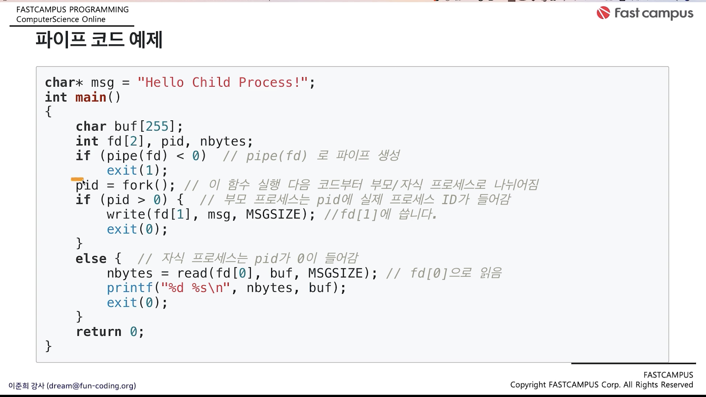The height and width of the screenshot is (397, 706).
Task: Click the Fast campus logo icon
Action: (603, 13)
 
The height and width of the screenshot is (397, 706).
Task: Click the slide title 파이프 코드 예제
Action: (99, 39)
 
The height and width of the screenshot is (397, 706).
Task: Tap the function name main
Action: (91, 97)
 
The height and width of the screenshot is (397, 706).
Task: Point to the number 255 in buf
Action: (157, 127)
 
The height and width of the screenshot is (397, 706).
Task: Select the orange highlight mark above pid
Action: (77, 179)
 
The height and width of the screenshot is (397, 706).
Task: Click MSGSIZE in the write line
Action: (273, 214)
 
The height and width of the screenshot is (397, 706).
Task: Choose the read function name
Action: (192, 273)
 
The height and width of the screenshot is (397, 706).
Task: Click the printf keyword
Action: (129, 288)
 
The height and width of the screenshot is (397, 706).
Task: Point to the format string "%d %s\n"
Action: (195, 288)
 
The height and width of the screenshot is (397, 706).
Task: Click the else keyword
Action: (91, 259)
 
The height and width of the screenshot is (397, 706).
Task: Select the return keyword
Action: (98, 332)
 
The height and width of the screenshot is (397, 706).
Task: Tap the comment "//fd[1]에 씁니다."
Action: (380, 214)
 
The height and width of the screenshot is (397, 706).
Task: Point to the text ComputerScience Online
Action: (61, 20)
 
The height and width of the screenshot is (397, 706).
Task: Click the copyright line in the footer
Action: (602, 385)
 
